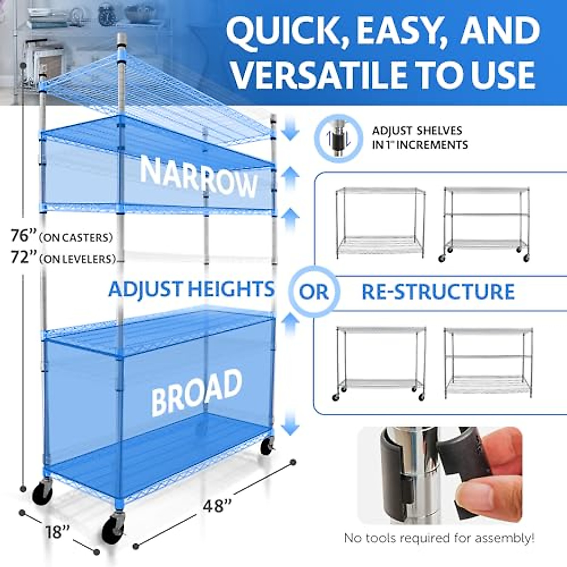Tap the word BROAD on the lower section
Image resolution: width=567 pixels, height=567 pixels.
197,391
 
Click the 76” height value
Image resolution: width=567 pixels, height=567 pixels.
24,235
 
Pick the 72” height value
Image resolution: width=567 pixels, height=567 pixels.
24,258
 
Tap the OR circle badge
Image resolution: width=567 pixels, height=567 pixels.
313,292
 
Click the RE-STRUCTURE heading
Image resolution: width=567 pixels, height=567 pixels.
438,292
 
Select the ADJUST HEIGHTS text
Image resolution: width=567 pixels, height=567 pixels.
191,289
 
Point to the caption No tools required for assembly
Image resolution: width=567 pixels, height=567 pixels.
439,538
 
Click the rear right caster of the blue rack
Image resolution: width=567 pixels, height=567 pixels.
267,446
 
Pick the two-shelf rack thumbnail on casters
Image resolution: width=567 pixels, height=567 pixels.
381,363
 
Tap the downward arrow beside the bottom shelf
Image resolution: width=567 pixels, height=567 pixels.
291,421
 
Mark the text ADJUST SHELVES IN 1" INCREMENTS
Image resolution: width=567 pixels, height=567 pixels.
420,137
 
